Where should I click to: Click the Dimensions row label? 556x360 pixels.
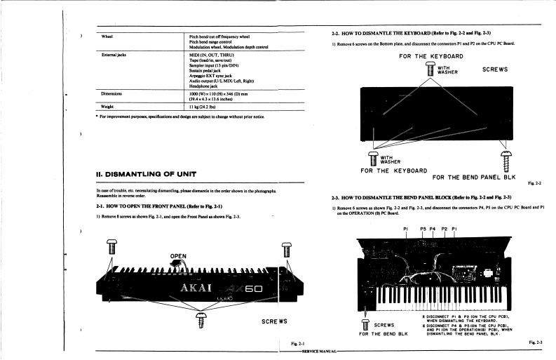[111, 93]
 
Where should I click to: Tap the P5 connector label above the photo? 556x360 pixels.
[423, 229]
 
